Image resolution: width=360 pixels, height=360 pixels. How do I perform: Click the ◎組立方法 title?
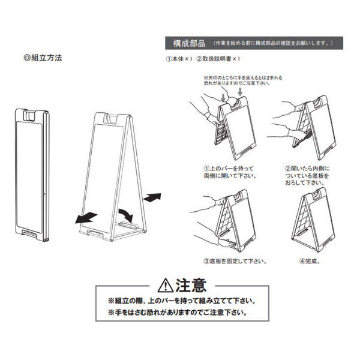pyautogui.click(x=41, y=59)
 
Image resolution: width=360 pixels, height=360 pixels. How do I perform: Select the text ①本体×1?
pyautogui.click(x=178, y=60)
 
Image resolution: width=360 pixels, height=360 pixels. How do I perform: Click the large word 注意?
pyautogui.click(x=191, y=284)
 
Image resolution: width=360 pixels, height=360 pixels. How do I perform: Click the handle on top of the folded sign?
pyautogui.click(x=32, y=113)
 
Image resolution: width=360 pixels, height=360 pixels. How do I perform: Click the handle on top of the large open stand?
pyautogui.click(x=110, y=118)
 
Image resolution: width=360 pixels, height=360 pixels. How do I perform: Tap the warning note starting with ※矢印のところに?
pyautogui.click(x=243, y=82)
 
